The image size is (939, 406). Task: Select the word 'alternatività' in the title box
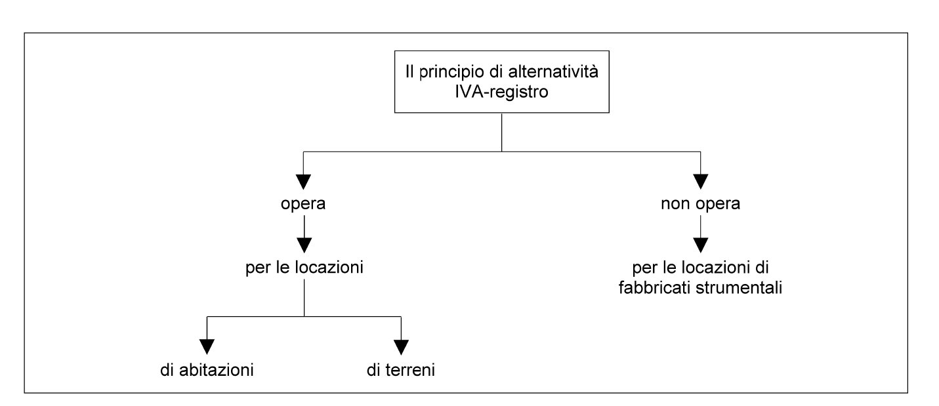(553, 71)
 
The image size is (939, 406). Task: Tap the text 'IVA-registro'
(501, 92)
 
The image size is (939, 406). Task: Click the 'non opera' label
(701, 203)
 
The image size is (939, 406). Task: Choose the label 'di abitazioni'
(207, 370)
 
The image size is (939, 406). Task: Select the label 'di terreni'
(401, 370)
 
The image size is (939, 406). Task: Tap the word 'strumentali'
(739, 288)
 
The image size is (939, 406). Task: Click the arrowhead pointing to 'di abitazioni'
(207, 347)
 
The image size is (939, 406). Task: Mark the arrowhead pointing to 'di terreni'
(401, 347)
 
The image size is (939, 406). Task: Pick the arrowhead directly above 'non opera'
(701, 182)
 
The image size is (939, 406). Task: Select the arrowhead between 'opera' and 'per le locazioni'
(304, 245)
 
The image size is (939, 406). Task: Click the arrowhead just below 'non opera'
(701, 245)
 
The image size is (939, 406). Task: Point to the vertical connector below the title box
(502, 132)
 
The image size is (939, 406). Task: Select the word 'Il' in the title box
(409, 71)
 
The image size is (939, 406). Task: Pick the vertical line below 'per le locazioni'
(304, 298)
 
